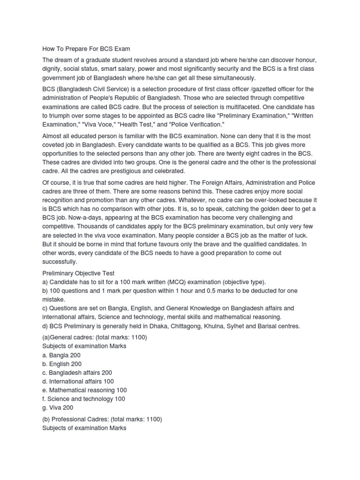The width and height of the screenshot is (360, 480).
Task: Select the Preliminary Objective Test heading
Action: point(78,273)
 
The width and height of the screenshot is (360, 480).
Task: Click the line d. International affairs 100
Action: point(78,381)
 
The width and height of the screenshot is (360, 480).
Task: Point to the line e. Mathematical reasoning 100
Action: point(84,390)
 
